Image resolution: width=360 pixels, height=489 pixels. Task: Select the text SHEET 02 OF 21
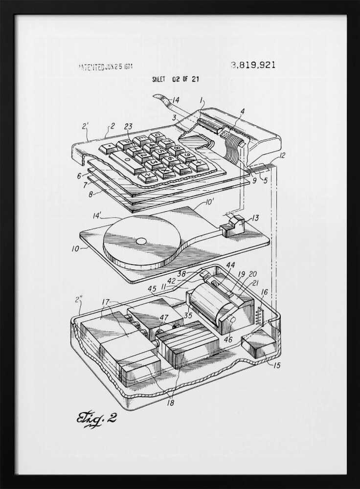tap(175, 79)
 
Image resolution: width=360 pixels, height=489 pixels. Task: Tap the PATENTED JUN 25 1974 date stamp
tap(105, 67)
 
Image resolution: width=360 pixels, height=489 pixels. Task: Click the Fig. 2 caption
tap(96, 419)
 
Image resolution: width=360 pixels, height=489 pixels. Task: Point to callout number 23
tap(128, 126)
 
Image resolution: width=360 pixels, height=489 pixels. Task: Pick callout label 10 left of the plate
tap(75, 249)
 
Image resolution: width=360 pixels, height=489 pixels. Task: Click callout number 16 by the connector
tap(264, 292)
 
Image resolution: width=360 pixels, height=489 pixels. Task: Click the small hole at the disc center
tap(140, 241)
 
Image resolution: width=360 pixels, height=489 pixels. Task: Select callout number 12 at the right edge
tap(282, 156)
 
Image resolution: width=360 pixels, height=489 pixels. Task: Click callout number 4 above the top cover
tap(242, 111)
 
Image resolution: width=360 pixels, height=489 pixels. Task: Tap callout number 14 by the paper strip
tap(175, 100)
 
